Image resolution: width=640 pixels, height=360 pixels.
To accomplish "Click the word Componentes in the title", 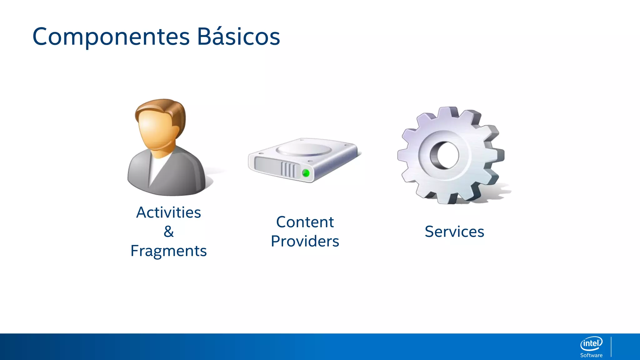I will tap(111, 37).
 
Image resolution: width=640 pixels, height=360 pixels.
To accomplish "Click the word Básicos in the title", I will tap(238, 37).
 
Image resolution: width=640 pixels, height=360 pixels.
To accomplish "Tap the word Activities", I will tap(168, 212).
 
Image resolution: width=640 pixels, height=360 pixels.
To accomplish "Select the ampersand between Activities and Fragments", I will tap(168, 232).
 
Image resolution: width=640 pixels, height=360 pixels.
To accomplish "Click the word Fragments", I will tap(168, 251).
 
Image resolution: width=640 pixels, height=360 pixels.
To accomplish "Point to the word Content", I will tap(305, 222).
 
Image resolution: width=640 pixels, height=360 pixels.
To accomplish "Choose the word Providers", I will tap(305, 241).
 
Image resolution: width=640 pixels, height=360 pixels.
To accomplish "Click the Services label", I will tap(454, 232).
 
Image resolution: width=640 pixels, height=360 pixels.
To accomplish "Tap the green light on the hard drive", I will tap(306, 173).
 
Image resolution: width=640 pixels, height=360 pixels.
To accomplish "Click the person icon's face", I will tap(155, 131).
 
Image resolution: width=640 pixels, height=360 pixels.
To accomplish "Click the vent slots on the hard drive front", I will tap(288, 170).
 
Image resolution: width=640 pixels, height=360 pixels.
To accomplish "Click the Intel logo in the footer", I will tap(591, 343).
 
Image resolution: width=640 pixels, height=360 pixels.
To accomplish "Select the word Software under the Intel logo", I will tap(591, 355).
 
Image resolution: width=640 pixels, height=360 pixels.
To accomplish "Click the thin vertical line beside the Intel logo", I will tap(611, 347).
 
